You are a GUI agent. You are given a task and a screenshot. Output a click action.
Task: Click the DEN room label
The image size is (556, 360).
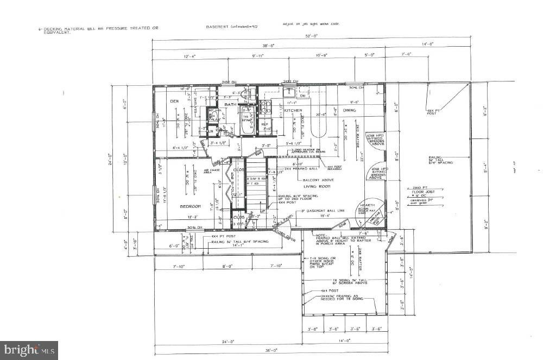tap(174, 102)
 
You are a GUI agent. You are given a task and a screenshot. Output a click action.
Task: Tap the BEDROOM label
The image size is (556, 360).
tap(191, 206)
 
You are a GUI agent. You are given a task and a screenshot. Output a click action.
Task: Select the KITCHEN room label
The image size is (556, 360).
tap(293, 110)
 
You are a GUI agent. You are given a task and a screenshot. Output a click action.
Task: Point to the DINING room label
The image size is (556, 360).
tap(349, 110)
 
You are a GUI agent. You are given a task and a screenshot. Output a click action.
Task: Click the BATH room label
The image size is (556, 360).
tap(230, 105)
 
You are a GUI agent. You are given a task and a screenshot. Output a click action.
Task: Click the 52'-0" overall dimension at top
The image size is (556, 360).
tap(311, 37)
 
